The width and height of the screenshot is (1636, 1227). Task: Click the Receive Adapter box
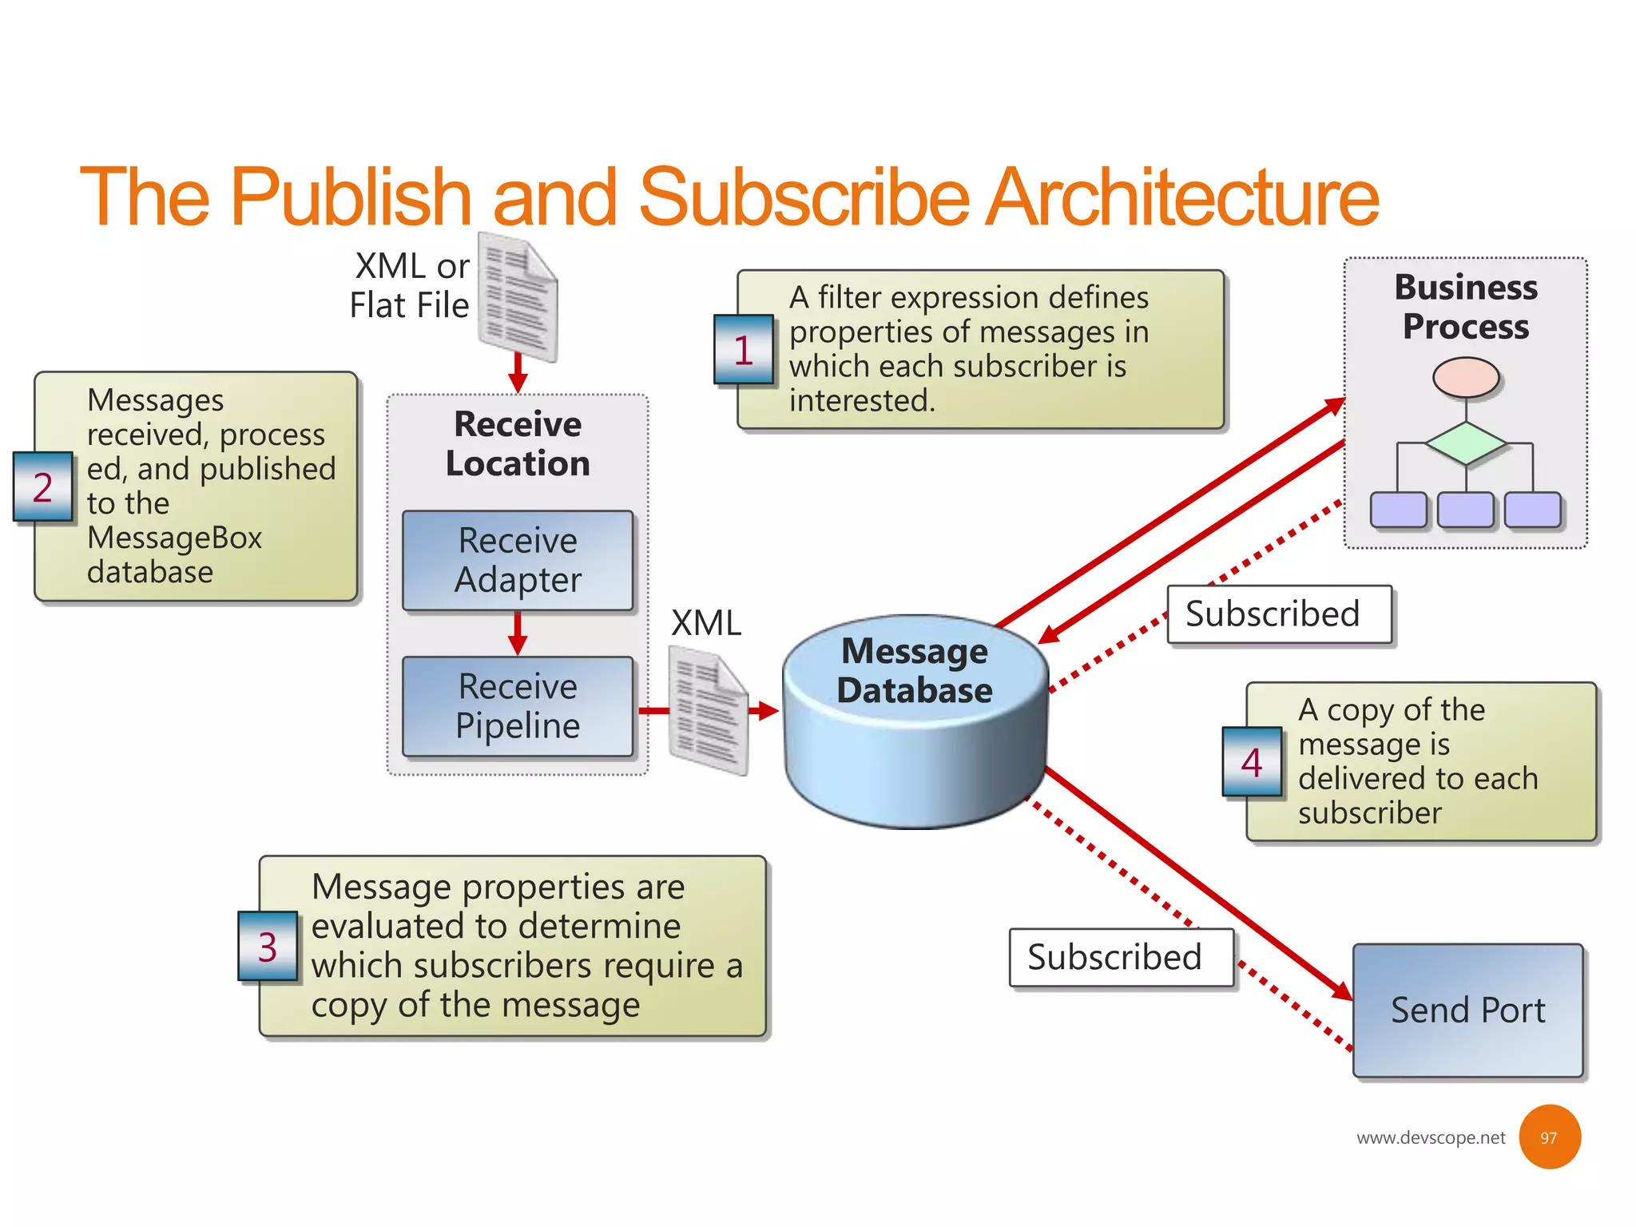point(518,561)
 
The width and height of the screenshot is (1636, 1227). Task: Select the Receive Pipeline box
point(518,707)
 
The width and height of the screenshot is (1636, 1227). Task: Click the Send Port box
point(1467,1011)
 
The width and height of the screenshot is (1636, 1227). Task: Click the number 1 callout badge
point(744,350)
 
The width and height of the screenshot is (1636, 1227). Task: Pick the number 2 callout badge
point(43,487)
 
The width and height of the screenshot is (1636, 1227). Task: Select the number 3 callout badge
point(268,947)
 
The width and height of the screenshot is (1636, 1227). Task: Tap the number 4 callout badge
point(1252,762)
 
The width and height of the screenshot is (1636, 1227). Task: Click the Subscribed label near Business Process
point(1279,614)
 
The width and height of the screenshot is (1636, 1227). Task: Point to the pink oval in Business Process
point(1466,377)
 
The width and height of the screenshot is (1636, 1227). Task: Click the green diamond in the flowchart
point(1466,443)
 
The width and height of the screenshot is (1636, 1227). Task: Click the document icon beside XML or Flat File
point(518,297)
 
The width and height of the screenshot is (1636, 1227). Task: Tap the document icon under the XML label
point(709,711)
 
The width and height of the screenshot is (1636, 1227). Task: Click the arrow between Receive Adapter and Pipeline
point(518,633)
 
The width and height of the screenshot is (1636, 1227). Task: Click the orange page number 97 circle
point(1549,1138)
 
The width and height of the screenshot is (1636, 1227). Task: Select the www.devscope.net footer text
point(1430,1138)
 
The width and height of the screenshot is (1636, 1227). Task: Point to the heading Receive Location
point(518,444)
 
